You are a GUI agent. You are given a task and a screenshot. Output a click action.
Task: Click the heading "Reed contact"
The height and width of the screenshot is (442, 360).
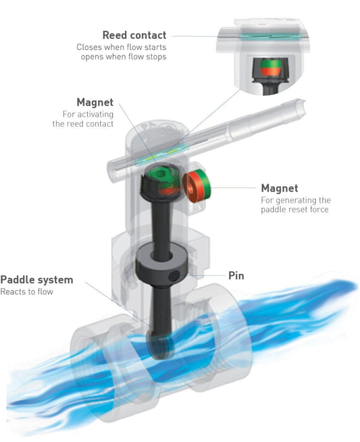[134, 35]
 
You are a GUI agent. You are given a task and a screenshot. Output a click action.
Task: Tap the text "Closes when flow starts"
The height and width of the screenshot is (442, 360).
[122, 47]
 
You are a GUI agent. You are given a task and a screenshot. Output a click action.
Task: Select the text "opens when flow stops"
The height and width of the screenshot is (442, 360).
[124, 57]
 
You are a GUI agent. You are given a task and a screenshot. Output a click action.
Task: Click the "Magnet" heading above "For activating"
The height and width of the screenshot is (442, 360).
[95, 102]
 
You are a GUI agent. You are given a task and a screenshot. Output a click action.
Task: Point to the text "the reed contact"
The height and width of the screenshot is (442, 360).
[83, 123]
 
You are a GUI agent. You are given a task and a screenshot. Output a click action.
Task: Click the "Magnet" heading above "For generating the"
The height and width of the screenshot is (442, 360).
[280, 188]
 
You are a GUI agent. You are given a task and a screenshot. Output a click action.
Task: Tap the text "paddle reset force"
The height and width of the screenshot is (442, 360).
[294, 209]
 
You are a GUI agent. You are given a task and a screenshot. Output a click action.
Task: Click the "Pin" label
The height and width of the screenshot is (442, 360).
[236, 276]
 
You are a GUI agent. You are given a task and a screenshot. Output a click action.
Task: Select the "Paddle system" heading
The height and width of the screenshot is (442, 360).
[36, 279]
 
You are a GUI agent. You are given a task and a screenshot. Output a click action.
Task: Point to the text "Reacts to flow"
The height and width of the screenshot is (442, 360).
[26, 292]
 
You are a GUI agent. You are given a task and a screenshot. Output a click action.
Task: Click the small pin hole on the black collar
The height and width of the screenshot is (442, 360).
[174, 276]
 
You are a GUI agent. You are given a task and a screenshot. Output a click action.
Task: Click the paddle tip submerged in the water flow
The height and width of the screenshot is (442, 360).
[159, 346]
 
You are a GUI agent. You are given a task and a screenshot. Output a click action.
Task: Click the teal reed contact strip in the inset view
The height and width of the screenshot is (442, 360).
[262, 36]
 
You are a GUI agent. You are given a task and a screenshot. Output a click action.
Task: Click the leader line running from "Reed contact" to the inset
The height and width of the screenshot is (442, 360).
[195, 36]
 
